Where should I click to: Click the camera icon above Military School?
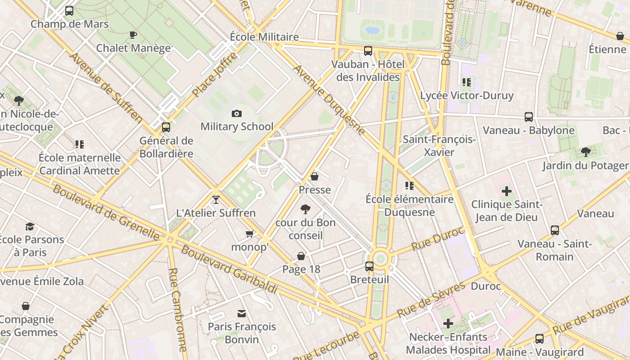[x=236, y=113]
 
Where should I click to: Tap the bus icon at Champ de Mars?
[x=69, y=11]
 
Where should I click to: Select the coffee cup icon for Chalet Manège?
[x=133, y=35]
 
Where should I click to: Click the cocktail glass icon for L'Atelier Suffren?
[x=216, y=199]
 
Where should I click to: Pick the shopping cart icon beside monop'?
[x=250, y=234]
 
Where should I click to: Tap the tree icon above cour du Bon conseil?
[x=306, y=209]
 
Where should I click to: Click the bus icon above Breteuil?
[x=369, y=266]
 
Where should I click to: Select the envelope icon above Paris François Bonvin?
[x=242, y=313]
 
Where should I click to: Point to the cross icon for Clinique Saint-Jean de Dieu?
[x=507, y=191]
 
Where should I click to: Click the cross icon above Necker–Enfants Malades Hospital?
[x=448, y=323]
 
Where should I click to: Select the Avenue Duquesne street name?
[x=329, y=100]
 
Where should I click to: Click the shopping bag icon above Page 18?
[x=301, y=256]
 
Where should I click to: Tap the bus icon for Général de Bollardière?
[x=166, y=127]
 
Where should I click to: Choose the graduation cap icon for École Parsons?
[x=30, y=226]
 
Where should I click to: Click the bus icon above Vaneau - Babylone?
[x=529, y=117]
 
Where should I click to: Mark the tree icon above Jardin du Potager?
[x=585, y=152]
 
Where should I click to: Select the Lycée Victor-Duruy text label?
[x=467, y=95]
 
